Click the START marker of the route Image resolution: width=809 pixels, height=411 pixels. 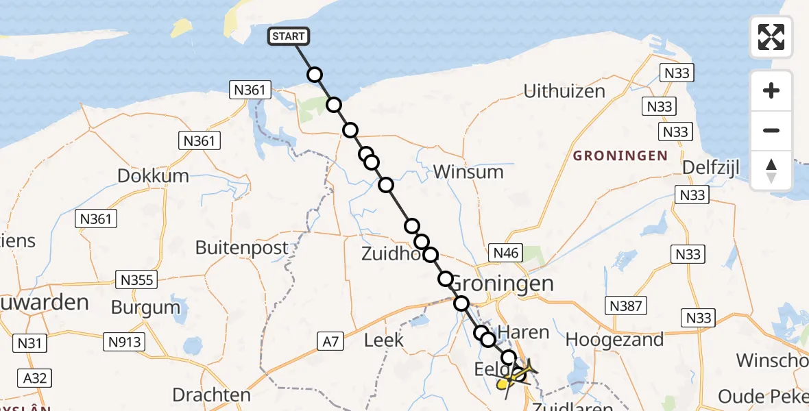point(289,36)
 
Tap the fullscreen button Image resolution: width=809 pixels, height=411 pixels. point(771,37)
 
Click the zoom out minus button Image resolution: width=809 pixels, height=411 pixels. point(771,130)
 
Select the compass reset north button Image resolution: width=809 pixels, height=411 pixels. point(771,170)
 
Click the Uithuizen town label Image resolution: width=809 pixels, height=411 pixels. point(564,91)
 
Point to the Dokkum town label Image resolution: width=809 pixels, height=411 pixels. point(153,175)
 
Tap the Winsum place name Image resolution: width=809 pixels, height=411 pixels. point(469,171)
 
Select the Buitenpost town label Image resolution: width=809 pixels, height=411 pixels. point(242,247)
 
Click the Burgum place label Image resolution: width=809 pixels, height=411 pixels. point(145,308)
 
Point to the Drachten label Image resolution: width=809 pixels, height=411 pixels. point(211,395)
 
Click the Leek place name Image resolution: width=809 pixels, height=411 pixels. point(383,340)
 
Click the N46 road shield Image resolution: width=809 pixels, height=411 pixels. point(506,253)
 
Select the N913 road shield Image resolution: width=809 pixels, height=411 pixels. point(123,340)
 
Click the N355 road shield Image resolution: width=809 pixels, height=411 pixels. point(137,279)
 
